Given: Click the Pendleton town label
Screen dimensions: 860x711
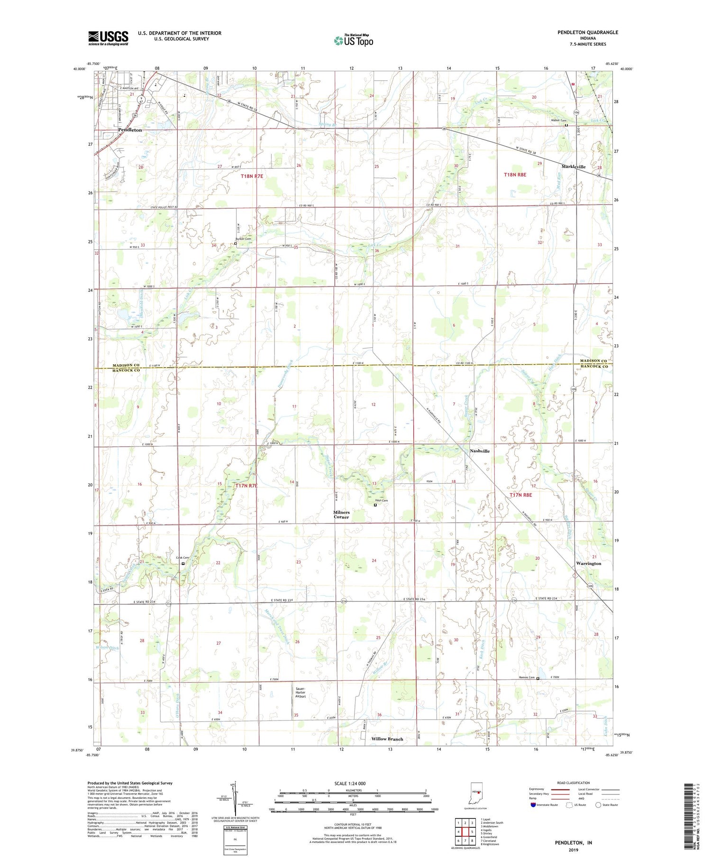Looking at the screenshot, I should coord(130,129).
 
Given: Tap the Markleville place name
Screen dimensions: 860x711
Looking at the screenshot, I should coord(574,167).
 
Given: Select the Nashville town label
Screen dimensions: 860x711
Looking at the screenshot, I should coord(480,451).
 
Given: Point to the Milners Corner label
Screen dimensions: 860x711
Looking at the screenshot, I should coord(341,515).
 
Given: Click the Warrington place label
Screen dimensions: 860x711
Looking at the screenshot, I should coord(589,564).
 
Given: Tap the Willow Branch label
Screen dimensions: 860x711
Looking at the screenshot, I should coord(387,739).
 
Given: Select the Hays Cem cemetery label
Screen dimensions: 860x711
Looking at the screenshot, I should coord(382,501).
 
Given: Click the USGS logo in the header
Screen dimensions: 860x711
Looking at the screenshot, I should coord(108,38).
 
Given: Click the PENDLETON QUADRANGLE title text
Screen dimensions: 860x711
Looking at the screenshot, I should coord(588,32).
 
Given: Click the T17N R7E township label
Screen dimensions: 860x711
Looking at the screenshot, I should coord(246,486).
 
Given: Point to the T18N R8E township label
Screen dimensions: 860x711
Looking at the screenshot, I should coord(515,175).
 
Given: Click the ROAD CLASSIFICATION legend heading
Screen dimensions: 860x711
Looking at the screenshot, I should coord(574,783).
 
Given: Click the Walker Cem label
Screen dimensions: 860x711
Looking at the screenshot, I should coord(557,120).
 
